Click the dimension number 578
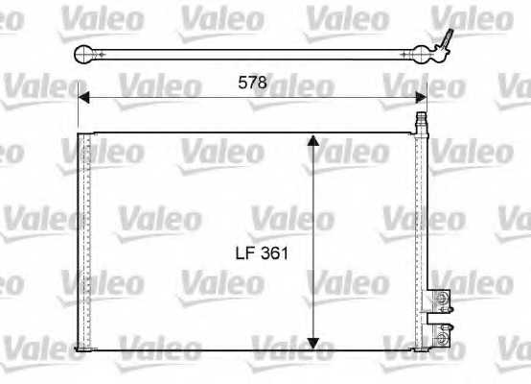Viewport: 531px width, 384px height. pos(253,84)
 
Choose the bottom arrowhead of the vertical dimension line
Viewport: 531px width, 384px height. pos(312,343)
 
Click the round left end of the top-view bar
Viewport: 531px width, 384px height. pos(85,53)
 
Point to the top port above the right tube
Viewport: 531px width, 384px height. pos(419,122)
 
